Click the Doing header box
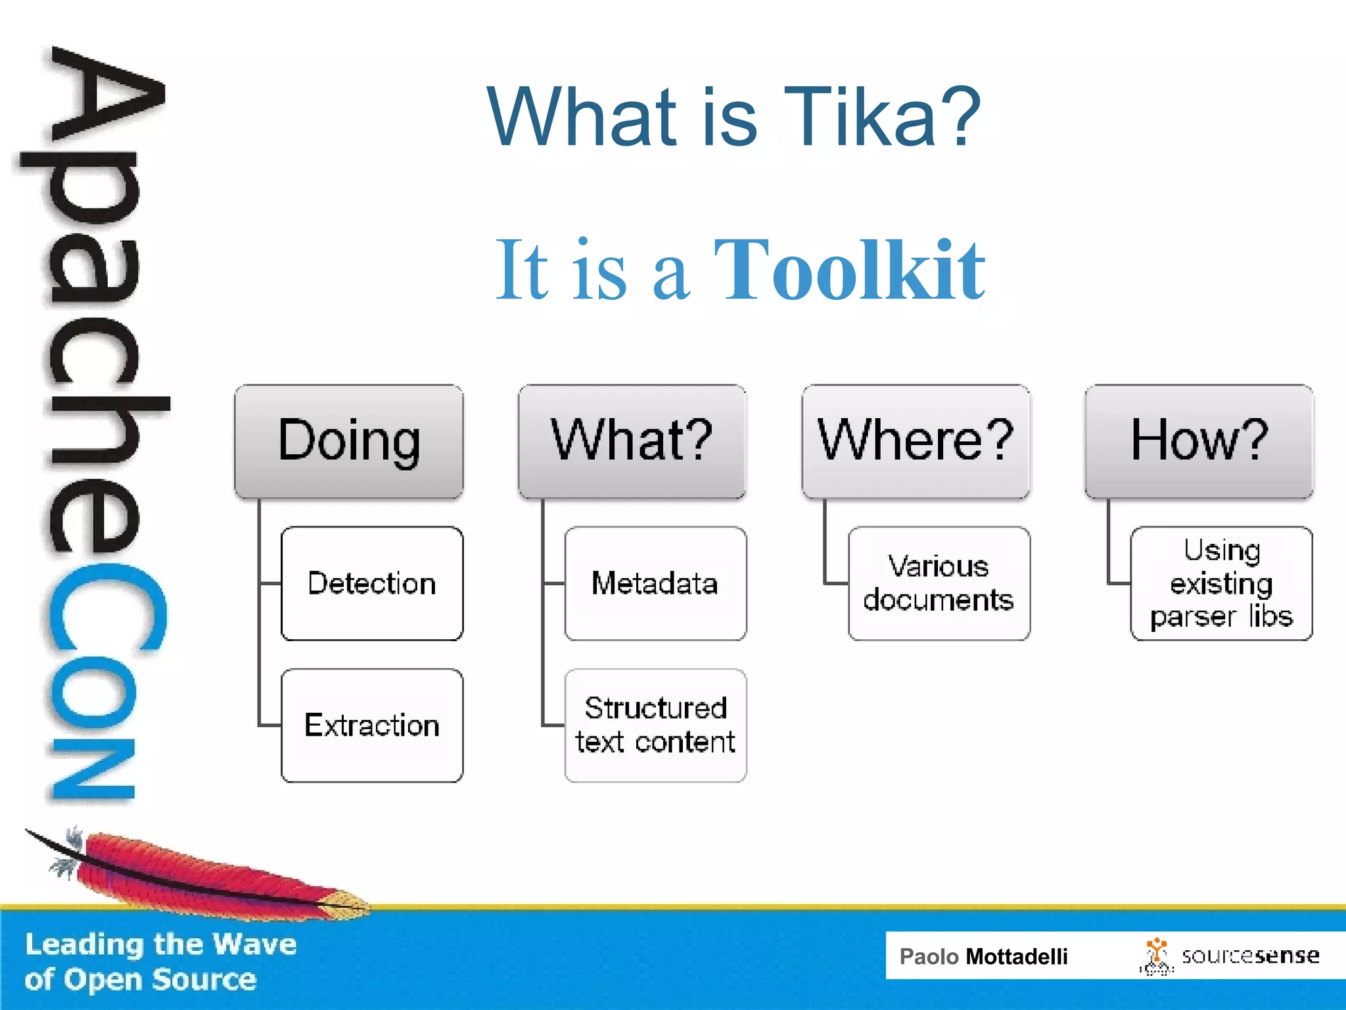[349, 441]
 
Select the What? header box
[632, 441]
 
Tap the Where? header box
[916, 441]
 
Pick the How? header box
[1199, 441]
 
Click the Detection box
[372, 583]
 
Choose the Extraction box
[372, 725]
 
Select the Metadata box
[655, 583]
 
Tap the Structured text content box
[655, 725]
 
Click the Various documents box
[939, 583]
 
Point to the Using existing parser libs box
[1221, 583]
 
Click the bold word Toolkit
[849, 271]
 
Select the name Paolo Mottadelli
[983, 956]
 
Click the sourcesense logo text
[1250, 955]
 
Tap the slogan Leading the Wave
[161, 944]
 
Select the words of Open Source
[140, 980]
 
